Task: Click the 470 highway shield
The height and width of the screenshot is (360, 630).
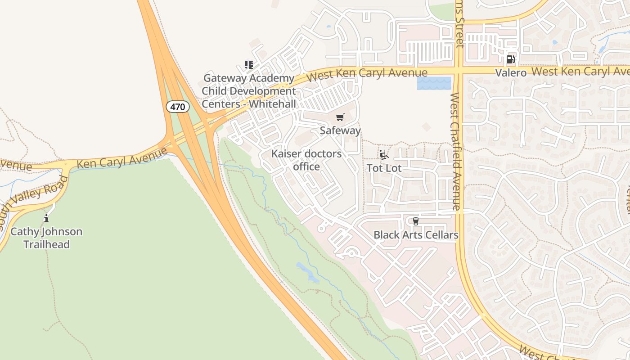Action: [x=178, y=107]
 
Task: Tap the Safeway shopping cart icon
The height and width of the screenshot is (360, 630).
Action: [x=340, y=117]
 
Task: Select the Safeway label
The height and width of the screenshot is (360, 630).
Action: [x=340, y=130]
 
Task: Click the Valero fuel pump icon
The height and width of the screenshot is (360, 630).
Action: [x=510, y=59]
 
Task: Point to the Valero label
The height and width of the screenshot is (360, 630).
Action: [x=511, y=73]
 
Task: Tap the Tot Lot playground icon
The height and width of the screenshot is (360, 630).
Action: [x=383, y=155]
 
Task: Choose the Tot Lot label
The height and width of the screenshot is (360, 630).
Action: [x=384, y=168]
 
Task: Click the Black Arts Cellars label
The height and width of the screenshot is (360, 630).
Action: [x=416, y=235]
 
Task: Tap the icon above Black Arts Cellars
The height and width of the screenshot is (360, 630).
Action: [x=415, y=221]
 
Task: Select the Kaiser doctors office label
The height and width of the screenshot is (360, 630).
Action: [x=306, y=160]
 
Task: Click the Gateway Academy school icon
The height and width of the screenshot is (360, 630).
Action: [x=249, y=65]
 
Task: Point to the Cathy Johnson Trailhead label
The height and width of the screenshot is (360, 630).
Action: [x=46, y=238]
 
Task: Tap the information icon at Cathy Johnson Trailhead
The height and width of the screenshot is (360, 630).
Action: [x=46, y=219]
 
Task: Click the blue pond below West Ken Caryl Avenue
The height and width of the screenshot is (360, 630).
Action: [x=434, y=83]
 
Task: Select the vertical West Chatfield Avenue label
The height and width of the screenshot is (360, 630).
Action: [x=455, y=151]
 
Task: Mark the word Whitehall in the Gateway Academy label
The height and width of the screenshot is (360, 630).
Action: [x=272, y=104]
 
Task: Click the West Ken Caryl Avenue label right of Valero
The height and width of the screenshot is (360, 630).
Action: [x=580, y=71]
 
